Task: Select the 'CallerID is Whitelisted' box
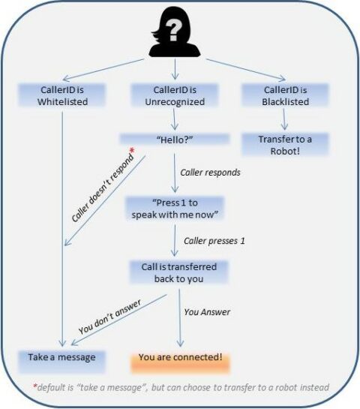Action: (x=58, y=95)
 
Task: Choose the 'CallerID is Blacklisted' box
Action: (x=285, y=95)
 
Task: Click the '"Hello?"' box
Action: (x=174, y=140)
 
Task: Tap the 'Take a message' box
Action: (x=61, y=357)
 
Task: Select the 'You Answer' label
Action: (x=206, y=311)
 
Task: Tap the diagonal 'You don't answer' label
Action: (x=111, y=318)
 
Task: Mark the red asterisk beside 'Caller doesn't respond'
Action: (x=132, y=152)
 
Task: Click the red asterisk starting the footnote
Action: (x=34, y=387)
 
